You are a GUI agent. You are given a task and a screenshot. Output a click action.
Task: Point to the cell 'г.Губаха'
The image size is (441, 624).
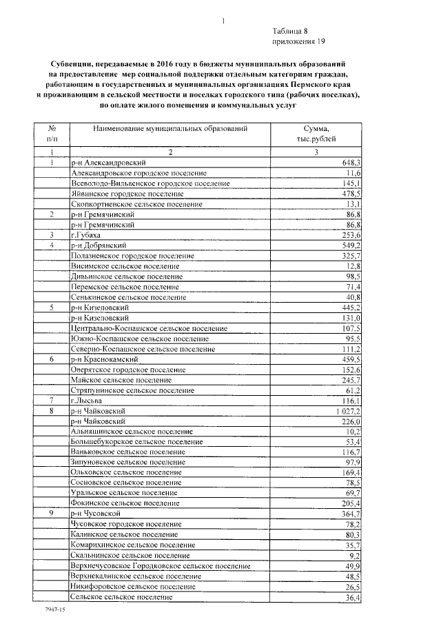(x=86, y=235)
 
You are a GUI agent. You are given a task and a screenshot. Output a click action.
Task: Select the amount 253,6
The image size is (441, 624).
(x=350, y=235)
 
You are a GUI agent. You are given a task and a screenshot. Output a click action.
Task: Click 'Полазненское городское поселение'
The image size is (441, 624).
(x=132, y=256)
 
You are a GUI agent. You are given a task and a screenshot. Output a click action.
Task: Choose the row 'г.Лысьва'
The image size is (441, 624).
(x=86, y=400)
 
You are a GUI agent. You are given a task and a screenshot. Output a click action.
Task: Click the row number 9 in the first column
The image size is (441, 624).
(x=52, y=514)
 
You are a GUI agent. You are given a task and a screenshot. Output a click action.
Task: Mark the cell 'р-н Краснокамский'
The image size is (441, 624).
(x=105, y=359)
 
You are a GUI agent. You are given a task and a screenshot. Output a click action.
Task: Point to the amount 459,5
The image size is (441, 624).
(x=350, y=359)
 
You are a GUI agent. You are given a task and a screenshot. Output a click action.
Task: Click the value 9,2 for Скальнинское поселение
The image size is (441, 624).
(x=354, y=554)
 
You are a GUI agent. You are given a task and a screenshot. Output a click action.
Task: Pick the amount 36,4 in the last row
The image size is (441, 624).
(x=352, y=596)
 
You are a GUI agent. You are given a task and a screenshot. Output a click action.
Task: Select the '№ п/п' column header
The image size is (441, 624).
(x=52, y=134)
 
